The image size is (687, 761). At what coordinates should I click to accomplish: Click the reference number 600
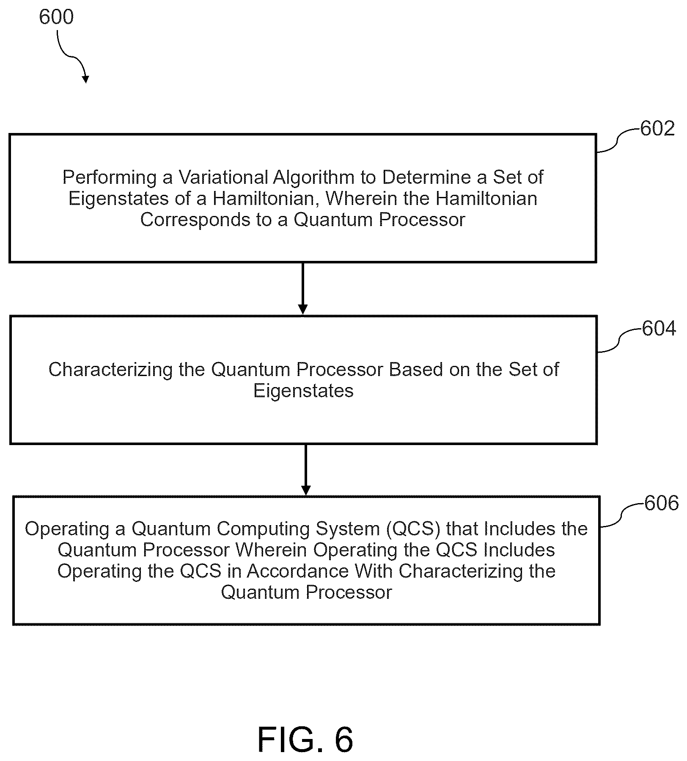coord(56,17)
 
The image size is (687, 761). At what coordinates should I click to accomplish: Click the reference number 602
coord(657,129)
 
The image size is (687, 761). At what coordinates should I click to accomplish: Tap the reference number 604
coord(659,329)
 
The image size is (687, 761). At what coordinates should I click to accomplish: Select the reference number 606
coord(661,503)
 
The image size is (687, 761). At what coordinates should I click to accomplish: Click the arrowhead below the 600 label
coord(86,79)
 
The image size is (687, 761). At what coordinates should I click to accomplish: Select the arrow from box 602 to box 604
coord(303,289)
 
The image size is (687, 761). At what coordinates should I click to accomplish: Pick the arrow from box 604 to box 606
coord(305,470)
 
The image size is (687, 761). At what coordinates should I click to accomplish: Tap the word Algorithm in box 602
coord(313,177)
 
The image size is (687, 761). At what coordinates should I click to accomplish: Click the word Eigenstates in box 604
coord(303,391)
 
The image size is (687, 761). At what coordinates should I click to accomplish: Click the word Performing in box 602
coord(110,177)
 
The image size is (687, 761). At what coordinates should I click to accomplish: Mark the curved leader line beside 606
coord(622,515)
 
